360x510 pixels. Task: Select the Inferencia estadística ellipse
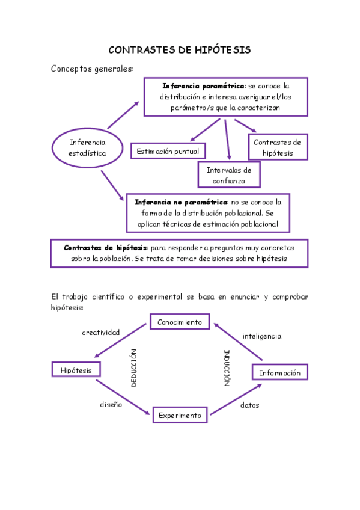[x=88, y=147]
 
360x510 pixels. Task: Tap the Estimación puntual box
[x=168, y=151]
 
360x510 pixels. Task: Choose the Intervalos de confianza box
[x=229, y=174]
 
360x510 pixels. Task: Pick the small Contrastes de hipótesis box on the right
[x=278, y=147]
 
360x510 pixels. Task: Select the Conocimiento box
[x=180, y=322]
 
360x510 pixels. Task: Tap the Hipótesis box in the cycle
[x=76, y=370]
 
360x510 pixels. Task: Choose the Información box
[x=279, y=373]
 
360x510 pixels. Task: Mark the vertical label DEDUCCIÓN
[x=134, y=367]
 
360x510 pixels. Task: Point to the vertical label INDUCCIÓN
[x=227, y=367]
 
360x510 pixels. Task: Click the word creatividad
[x=101, y=332]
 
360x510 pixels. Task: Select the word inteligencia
[x=261, y=336]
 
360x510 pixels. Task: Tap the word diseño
[x=111, y=405]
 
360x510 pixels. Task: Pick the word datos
[x=249, y=405]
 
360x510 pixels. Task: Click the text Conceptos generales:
[x=93, y=69]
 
